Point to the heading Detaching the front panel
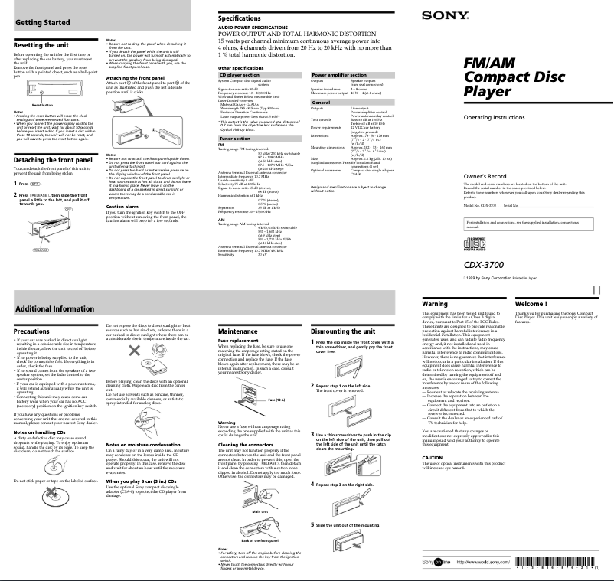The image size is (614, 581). pos(54,159)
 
